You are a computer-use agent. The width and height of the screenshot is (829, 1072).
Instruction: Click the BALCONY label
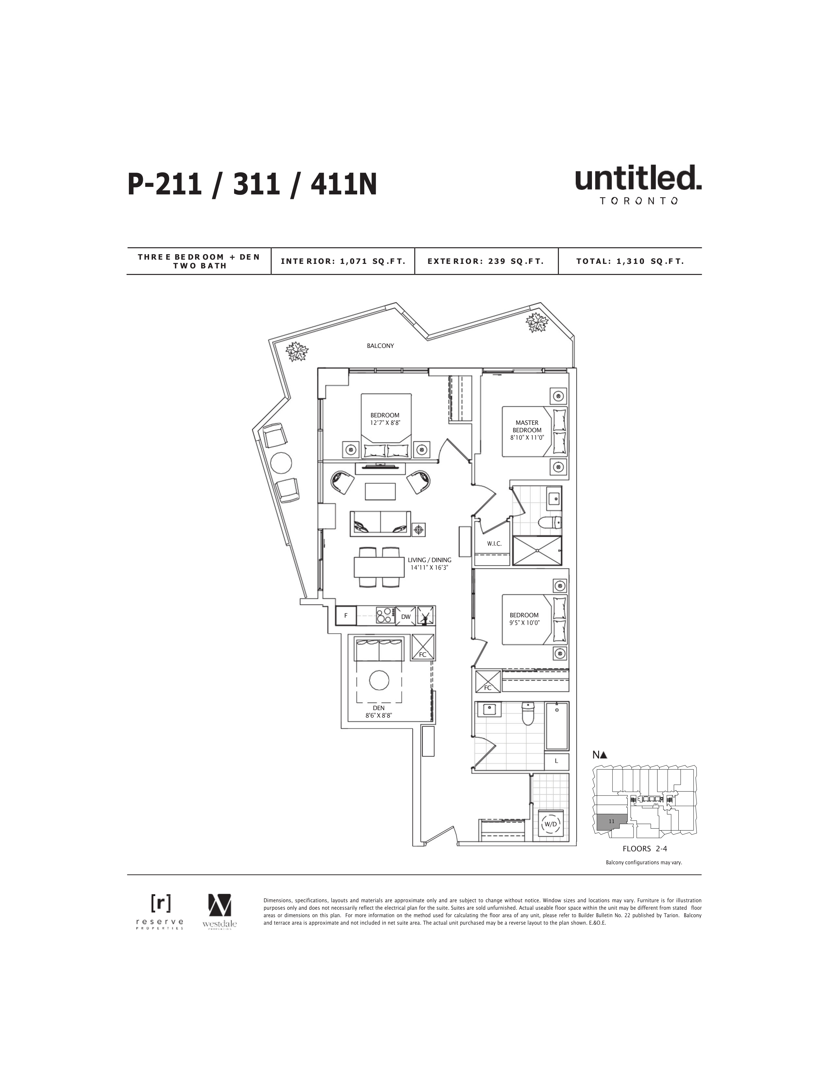point(380,346)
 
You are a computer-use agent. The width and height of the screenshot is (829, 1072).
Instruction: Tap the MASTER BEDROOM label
point(527,426)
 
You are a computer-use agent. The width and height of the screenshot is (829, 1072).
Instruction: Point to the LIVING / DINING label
point(429,560)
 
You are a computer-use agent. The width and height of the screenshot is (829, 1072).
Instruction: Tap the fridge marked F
point(346,616)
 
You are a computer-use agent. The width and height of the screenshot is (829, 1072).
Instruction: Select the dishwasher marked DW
point(406,616)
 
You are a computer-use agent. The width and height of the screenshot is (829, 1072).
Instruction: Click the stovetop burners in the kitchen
point(386,616)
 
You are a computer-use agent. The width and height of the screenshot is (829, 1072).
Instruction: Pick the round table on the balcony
point(281,462)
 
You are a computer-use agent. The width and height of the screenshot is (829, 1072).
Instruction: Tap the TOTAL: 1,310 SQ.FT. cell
point(630,261)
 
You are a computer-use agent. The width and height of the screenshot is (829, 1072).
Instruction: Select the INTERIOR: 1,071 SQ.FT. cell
point(343,261)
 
